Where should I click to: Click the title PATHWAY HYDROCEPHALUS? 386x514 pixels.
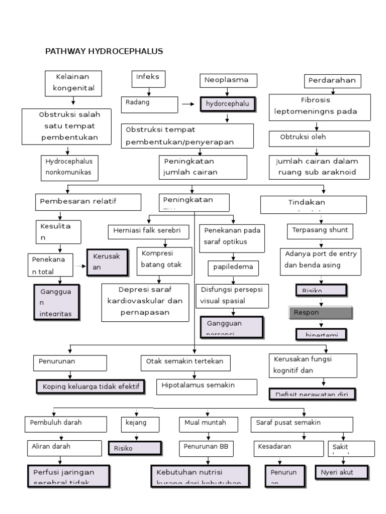point(104,51)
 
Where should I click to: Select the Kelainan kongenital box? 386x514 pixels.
point(73,83)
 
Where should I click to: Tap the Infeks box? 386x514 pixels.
point(148,78)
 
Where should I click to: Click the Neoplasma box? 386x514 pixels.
point(228,80)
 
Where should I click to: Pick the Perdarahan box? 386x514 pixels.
point(332,80)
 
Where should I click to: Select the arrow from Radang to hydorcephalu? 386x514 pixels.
point(188,104)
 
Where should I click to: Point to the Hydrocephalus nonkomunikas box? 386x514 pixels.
point(70,168)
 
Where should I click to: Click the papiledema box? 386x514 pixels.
point(233,267)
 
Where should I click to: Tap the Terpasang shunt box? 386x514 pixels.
point(321,231)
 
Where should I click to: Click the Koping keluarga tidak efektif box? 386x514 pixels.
point(90,387)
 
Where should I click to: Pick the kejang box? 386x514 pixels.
point(137,424)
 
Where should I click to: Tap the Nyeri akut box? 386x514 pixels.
point(341,472)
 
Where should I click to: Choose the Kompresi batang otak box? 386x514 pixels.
point(164,261)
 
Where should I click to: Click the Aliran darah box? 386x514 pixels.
point(66,448)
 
